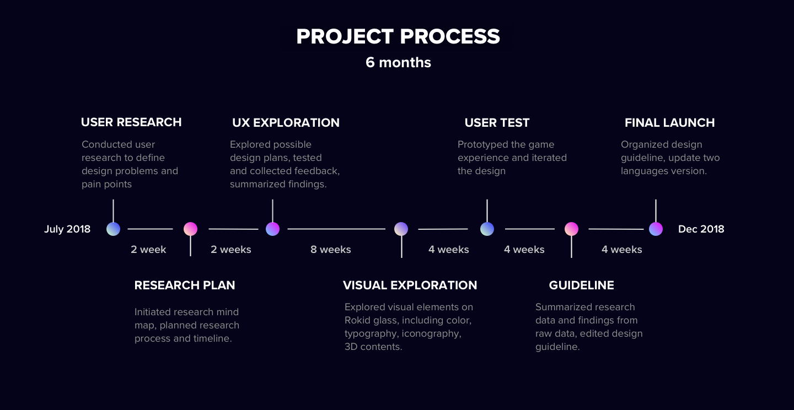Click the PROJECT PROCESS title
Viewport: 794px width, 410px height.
[398, 37]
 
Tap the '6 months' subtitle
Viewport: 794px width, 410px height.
[398, 62]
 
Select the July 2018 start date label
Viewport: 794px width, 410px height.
[67, 229]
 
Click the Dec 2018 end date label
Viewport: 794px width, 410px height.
[701, 229]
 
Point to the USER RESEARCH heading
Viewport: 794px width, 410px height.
[131, 122]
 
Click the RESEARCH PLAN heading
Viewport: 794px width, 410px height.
[185, 285]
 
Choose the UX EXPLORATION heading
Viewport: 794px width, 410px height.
[286, 122]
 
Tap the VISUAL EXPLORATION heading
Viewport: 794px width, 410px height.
[410, 285]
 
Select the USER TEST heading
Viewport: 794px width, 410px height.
[497, 122]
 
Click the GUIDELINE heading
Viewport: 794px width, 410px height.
[581, 285]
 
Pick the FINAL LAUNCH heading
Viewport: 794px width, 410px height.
[669, 122]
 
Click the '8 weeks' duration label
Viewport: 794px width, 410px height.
[330, 250]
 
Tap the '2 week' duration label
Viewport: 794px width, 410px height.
[148, 250]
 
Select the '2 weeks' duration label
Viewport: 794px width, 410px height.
[230, 250]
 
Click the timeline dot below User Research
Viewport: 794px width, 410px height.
[113, 229]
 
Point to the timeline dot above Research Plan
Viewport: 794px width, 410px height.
[190, 229]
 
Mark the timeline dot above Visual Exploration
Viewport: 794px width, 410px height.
[401, 229]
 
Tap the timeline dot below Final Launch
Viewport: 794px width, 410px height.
[656, 229]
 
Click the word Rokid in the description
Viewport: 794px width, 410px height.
[357, 320]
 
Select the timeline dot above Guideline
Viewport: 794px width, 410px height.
[571, 229]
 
